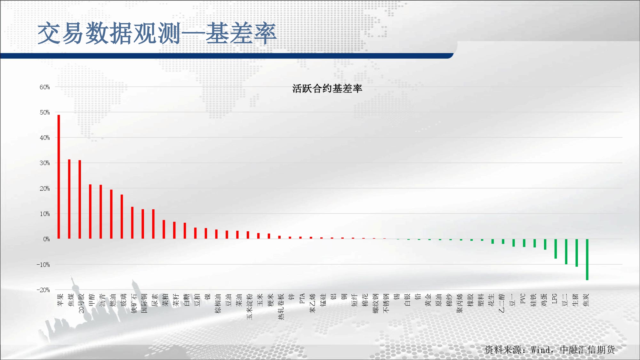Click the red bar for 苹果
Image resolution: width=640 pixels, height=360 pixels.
[59, 177]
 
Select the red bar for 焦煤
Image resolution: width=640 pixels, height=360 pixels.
[69, 199]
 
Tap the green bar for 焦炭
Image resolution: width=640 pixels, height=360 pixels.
[587, 260]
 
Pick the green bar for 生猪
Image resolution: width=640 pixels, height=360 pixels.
[577, 253]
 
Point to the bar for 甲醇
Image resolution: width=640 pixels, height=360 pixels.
[90, 212]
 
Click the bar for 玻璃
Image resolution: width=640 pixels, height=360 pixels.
[122, 217]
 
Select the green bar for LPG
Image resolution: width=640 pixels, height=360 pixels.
[556, 249]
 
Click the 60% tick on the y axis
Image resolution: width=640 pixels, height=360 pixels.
[45, 87]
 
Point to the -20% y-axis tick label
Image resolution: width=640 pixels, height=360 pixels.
[43, 290]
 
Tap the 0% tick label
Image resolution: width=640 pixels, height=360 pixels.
[46, 239]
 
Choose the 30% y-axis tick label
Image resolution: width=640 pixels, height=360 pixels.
[45, 163]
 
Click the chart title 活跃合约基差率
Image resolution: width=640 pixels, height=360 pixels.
[327, 89]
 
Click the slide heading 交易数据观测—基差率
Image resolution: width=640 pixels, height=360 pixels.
[157, 33]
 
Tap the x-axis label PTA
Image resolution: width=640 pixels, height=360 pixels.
[302, 299]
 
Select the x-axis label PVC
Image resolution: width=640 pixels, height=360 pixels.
[523, 299]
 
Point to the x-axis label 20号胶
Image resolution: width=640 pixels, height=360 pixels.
[81, 303]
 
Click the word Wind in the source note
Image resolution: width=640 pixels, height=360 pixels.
[540, 350]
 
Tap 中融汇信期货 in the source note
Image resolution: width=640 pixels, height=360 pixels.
[588, 350]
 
